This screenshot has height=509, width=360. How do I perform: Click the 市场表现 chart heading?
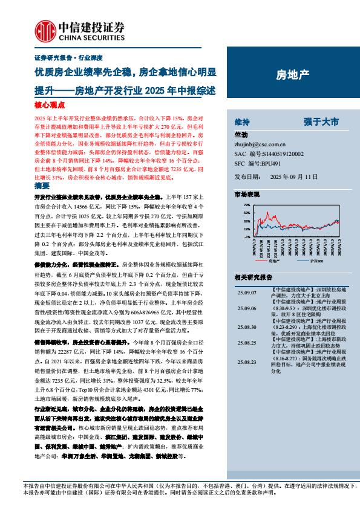[246, 194]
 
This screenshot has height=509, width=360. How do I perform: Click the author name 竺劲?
[240, 135]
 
